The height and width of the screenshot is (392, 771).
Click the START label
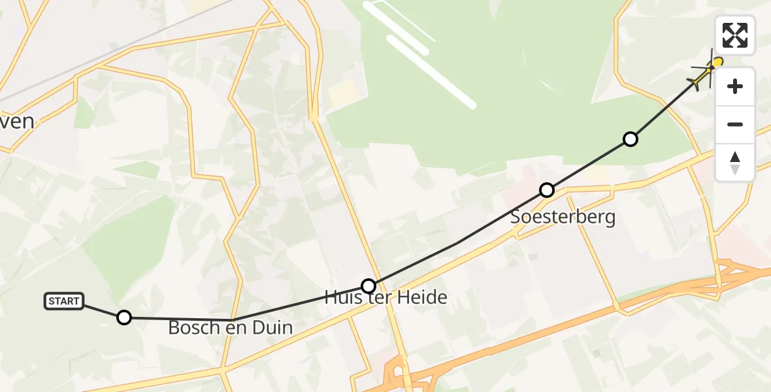click(64, 301)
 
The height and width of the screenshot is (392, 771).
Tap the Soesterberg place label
click(563, 217)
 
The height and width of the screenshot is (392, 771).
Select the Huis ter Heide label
click(386, 298)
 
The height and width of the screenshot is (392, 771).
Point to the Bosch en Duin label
click(230, 327)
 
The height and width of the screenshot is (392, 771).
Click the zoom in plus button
click(735, 86)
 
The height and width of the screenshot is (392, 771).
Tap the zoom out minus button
click(735, 124)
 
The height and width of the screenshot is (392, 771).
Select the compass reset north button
click(735, 162)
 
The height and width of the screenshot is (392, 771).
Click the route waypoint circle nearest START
click(123, 318)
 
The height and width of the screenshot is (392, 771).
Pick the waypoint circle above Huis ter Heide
click(369, 286)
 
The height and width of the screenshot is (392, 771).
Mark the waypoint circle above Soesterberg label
click(547, 190)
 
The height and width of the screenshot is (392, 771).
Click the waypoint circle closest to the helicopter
click(630, 139)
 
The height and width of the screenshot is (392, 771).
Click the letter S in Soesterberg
click(517, 217)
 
